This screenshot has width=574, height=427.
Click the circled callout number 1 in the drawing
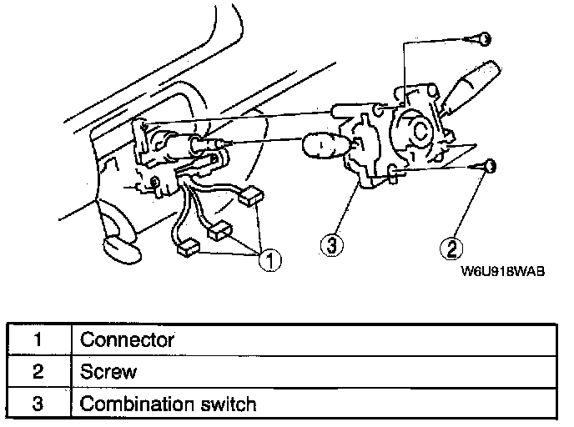(269, 260)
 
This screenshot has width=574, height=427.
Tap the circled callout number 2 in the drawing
(451, 247)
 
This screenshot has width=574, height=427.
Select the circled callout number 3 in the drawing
(331, 246)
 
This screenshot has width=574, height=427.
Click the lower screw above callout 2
(491, 167)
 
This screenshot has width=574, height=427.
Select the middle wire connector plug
(222, 230)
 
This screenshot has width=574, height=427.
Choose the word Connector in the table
(127, 340)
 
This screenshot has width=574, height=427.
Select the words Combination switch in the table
(167, 404)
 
